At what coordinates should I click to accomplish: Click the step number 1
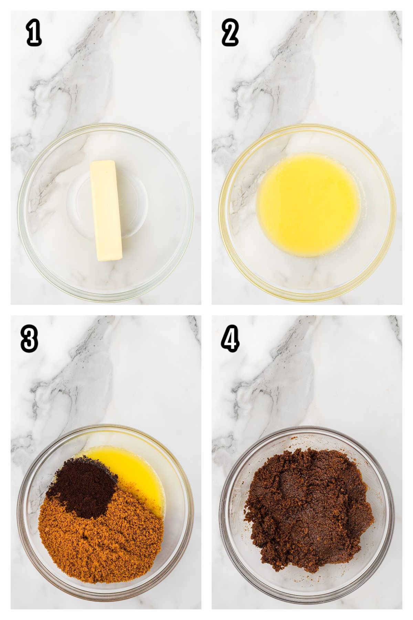point(34,34)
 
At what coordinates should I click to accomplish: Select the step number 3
point(29,339)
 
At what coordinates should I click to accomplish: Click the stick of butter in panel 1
point(106,211)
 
